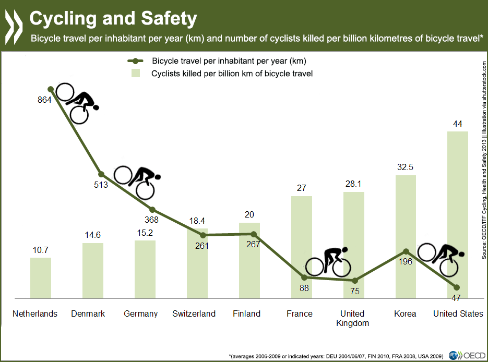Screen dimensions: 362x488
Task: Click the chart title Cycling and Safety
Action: (x=113, y=18)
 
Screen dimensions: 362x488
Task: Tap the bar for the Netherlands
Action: (x=40, y=276)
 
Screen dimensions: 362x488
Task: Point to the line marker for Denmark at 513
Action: (x=101, y=174)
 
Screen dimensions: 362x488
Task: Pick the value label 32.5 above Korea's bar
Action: (x=406, y=168)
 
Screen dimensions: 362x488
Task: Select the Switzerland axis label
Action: (x=194, y=313)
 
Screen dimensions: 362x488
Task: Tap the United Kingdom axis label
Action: (x=353, y=318)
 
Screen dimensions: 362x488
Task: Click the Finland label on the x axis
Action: (x=246, y=313)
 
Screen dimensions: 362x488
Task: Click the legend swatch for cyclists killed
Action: (x=135, y=74)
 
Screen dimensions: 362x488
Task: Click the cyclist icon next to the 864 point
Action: (x=77, y=103)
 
